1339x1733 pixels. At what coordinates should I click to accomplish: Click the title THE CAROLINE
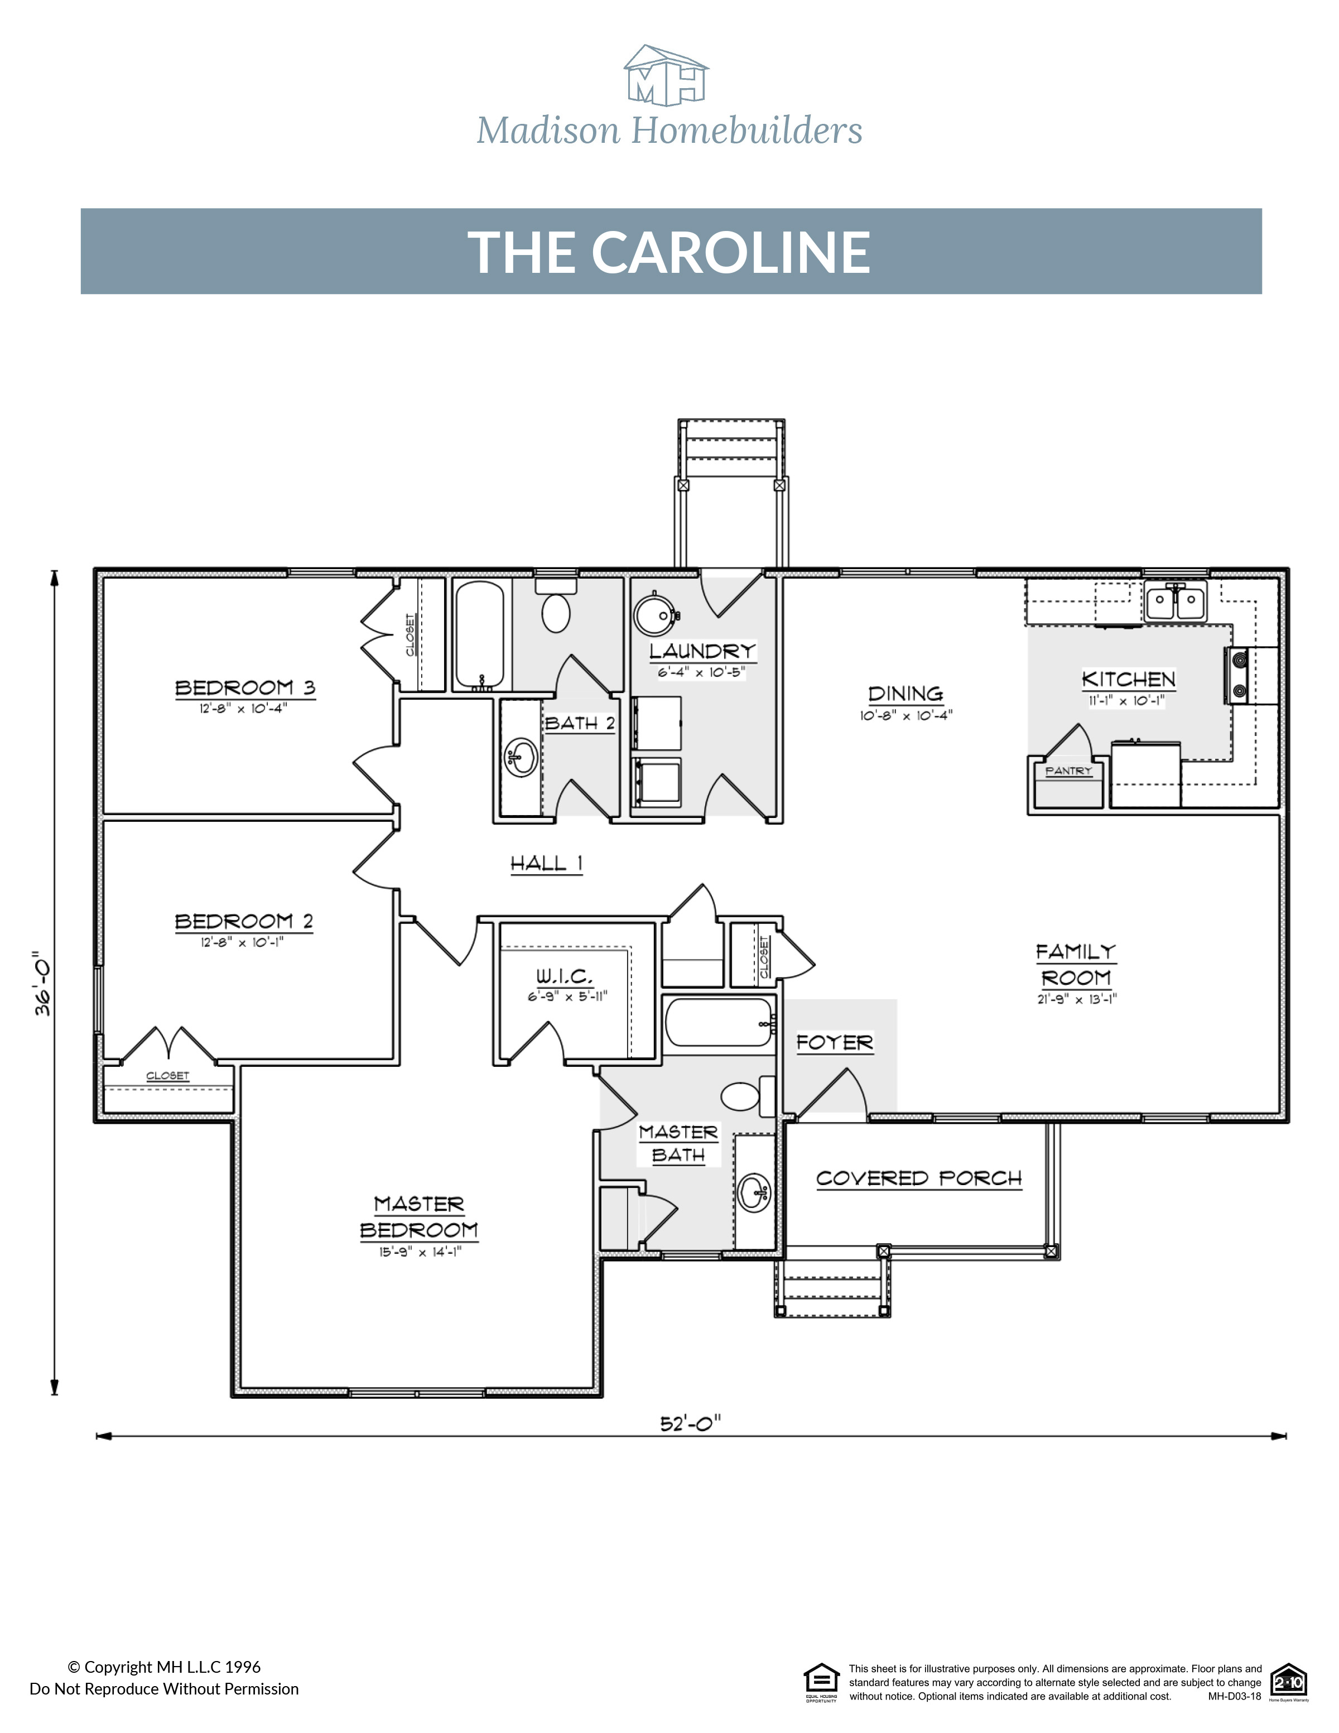click(669, 252)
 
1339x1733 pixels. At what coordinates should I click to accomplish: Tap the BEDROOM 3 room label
click(244, 687)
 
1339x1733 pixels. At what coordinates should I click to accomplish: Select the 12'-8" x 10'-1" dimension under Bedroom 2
click(242, 942)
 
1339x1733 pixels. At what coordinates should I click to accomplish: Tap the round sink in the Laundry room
click(655, 613)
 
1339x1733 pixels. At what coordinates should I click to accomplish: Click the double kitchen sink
click(1175, 601)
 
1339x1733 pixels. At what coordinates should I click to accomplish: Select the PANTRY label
click(1068, 771)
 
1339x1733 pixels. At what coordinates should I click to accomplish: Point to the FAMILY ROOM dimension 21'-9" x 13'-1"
click(1076, 1000)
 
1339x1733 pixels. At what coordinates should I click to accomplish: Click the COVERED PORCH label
click(918, 1178)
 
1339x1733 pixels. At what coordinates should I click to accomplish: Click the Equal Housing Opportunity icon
click(821, 1682)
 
